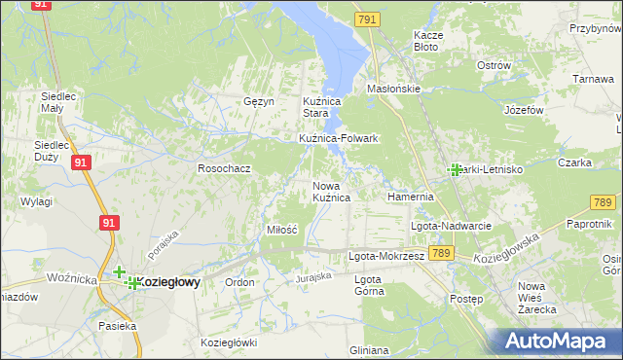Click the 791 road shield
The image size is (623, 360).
pyautogui.click(x=367, y=19)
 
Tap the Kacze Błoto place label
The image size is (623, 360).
pyautogui.click(x=428, y=40)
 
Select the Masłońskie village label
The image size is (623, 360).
pyautogui.click(x=392, y=89)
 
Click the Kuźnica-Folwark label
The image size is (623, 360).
pyautogui.click(x=338, y=139)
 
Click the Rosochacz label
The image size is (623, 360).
pyautogui.click(x=225, y=168)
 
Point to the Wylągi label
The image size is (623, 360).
pyautogui.click(x=36, y=201)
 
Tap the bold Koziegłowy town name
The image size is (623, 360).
pyautogui.click(x=169, y=282)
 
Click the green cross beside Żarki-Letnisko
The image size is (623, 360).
pyautogui.click(x=455, y=169)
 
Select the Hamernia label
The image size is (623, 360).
pyautogui.click(x=410, y=197)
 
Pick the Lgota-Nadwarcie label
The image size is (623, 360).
pyautogui.click(x=451, y=226)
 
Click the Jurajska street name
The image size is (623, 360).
pyautogui.click(x=315, y=277)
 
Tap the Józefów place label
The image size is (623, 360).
pyautogui.click(x=524, y=110)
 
